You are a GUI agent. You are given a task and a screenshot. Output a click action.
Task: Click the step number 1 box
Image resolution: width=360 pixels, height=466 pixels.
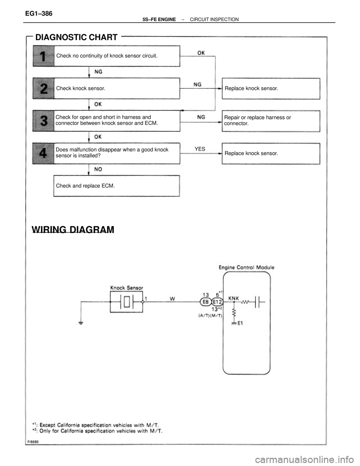point(43,56)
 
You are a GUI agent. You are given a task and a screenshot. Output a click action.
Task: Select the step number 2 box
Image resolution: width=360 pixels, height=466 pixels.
point(43,89)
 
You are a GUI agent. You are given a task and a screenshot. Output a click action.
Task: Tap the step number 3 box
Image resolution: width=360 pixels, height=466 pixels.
point(43,121)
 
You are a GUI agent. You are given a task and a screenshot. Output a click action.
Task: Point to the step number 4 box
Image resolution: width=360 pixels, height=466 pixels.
point(43,153)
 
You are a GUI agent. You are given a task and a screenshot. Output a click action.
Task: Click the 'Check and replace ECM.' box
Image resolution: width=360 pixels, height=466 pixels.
point(117,186)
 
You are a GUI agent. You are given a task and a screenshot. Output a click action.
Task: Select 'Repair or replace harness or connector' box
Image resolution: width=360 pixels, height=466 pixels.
point(271,120)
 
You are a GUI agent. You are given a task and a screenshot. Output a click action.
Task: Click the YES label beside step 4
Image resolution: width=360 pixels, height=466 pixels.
point(200,149)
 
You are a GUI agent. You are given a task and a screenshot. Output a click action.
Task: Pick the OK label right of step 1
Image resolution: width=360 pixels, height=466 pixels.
point(201,53)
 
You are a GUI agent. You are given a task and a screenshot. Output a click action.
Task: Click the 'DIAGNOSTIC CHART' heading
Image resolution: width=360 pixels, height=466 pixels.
point(76,38)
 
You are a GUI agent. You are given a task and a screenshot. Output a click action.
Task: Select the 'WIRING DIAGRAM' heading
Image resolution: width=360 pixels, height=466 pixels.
point(73,229)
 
